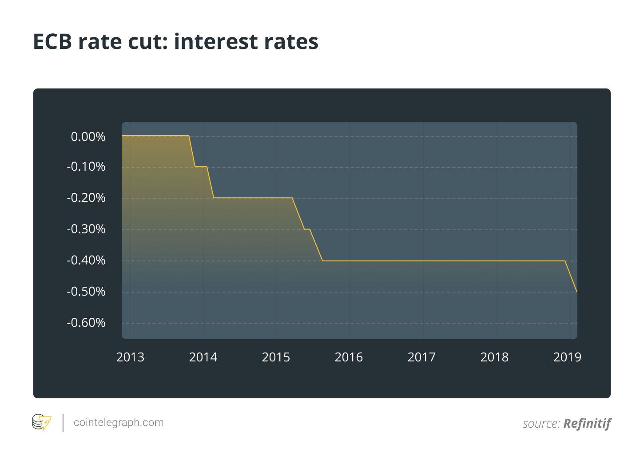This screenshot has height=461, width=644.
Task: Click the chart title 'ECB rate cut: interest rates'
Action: [x=176, y=42]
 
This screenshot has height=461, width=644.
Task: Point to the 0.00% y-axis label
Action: [x=88, y=136]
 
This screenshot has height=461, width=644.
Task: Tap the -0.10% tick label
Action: [x=86, y=167]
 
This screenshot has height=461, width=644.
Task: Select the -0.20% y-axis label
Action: [x=86, y=198]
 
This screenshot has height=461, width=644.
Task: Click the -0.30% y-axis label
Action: [x=86, y=229]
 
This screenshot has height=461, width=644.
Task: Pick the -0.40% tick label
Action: [x=86, y=261]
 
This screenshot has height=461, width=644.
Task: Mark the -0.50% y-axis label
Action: [x=86, y=292]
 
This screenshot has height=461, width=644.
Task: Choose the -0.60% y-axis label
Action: [x=86, y=323]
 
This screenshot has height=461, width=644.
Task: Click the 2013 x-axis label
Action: [x=130, y=357]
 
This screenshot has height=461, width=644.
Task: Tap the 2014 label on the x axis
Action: [x=203, y=357]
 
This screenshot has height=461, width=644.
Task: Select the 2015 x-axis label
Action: [x=276, y=357]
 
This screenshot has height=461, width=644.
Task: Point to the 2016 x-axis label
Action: [x=349, y=357]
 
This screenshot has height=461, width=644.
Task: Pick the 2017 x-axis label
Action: [x=422, y=357]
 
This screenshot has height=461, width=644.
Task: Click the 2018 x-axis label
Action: [x=494, y=357]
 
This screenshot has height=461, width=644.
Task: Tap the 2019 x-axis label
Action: [x=567, y=357]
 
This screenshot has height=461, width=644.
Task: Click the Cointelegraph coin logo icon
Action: [x=42, y=422]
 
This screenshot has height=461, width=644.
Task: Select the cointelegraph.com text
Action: [x=119, y=423]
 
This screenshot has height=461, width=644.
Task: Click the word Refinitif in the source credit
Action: [x=587, y=424]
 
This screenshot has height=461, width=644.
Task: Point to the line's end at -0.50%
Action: [x=577, y=292]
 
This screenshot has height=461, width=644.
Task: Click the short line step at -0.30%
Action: [x=307, y=229]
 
